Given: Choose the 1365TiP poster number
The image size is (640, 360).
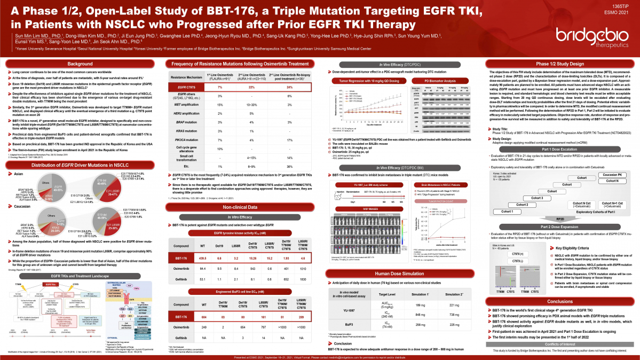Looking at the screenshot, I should pos(623,5).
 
